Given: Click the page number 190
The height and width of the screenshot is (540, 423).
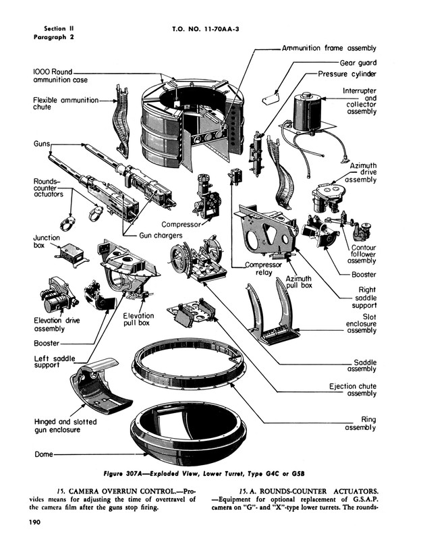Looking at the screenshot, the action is pyautogui.click(x=35, y=522).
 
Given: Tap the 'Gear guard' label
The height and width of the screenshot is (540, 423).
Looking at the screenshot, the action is pyautogui.click(x=358, y=63).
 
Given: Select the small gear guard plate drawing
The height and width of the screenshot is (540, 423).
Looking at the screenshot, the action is pyautogui.click(x=271, y=98).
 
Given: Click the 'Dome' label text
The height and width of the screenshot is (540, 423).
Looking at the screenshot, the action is pyautogui.click(x=44, y=454).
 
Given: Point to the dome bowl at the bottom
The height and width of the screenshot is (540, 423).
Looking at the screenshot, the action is pyautogui.click(x=188, y=429).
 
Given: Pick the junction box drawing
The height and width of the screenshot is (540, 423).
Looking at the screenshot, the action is pyautogui.click(x=72, y=256).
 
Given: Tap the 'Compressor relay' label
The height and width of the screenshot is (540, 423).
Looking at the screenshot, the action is pyautogui.click(x=263, y=269).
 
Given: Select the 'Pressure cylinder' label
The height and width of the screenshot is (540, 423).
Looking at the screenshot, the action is pyautogui.click(x=347, y=74).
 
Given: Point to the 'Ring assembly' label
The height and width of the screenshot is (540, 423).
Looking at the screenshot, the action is pyautogui.click(x=360, y=424).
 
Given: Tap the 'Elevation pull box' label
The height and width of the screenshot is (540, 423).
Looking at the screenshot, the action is pyautogui.click(x=138, y=319).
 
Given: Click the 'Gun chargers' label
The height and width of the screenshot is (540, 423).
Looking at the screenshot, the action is pyautogui.click(x=161, y=236).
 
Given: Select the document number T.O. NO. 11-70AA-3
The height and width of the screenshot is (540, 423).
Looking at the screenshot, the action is pyautogui.click(x=206, y=29).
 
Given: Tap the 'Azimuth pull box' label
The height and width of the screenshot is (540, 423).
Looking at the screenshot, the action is pyautogui.click(x=298, y=282).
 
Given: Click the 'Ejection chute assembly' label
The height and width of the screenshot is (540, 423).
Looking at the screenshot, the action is pyautogui.click(x=352, y=390).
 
